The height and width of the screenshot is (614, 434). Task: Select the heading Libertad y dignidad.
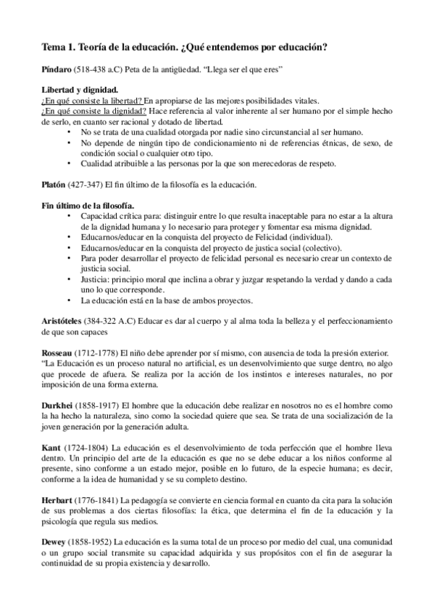coord(75,90)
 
